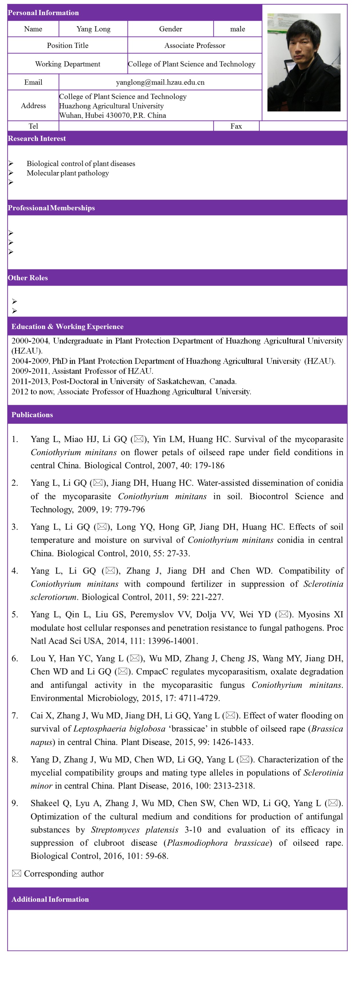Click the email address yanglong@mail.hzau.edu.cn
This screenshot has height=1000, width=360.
click(160, 82)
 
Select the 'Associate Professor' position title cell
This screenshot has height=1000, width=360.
click(195, 45)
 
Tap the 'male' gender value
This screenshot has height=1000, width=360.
click(237, 29)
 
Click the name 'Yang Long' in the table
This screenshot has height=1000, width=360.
click(93, 29)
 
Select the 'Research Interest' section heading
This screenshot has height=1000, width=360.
click(37, 139)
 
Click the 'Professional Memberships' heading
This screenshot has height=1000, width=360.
click(51, 208)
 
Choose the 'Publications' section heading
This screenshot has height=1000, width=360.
click(32, 415)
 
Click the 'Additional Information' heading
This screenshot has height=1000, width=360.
click(50, 899)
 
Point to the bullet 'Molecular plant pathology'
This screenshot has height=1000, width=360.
click(68, 173)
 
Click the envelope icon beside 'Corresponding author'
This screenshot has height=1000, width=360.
click(16, 873)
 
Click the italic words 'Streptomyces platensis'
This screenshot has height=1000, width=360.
click(134, 830)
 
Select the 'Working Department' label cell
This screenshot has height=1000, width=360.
click(68, 64)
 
